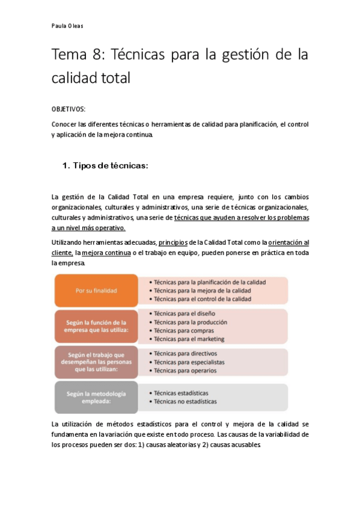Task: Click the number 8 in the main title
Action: [97, 55]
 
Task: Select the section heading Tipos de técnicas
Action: [110, 165]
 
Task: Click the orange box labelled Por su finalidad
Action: [96, 290]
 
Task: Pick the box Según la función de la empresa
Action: [96, 327]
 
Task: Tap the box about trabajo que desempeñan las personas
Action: [96, 361]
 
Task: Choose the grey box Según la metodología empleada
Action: [96, 397]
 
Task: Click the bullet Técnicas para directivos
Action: [185, 354]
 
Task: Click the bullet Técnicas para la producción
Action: [190, 322]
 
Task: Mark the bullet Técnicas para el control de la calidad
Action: [203, 299]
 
